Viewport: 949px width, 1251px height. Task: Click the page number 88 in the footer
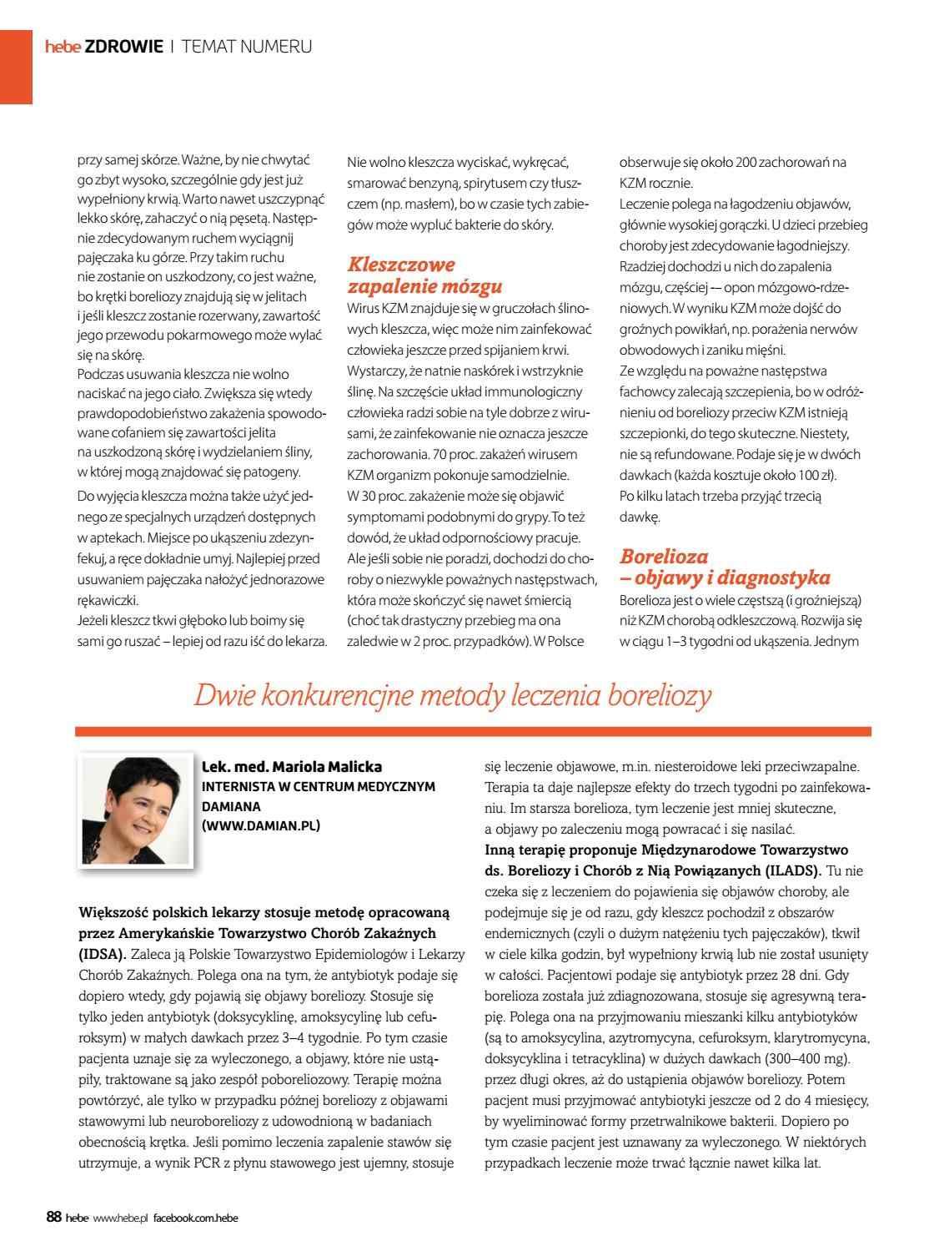53,1218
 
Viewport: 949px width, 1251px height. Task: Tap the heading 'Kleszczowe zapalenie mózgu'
424,275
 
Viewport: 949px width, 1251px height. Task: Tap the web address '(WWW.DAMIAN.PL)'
261,825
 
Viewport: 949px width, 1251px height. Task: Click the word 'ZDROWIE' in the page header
123,47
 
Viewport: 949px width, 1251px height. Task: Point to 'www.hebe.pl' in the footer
120,1218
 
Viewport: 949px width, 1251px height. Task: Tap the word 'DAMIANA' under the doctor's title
232,806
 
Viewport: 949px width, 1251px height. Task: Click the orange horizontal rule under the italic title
473,731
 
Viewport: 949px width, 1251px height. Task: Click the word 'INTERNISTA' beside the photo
241,786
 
